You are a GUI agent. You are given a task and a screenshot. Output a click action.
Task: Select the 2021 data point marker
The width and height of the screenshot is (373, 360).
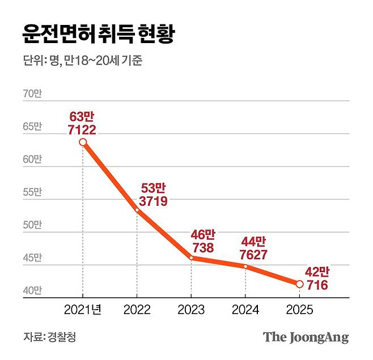(83, 142)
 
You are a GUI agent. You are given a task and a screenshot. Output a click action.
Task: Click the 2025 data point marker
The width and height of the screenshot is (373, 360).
(299, 284)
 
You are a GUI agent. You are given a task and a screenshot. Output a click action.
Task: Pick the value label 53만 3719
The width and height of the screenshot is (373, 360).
(152, 194)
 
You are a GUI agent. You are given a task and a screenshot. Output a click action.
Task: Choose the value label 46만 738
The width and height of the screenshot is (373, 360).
(203, 241)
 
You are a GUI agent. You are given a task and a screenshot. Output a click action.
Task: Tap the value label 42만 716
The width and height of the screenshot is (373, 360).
(315, 278)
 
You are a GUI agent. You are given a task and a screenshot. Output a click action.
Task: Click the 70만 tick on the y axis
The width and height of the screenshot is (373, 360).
(32, 95)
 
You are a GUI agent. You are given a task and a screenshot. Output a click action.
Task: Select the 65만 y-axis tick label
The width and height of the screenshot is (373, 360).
(32, 127)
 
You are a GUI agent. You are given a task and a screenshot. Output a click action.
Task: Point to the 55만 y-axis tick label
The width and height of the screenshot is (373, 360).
(32, 193)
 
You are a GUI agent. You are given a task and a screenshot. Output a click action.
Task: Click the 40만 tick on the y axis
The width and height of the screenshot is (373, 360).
(32, 291)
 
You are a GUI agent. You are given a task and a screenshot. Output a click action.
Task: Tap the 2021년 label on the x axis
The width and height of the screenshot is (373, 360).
(83, 310)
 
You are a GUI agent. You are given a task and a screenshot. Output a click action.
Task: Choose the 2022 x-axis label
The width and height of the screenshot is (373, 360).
(137, 310)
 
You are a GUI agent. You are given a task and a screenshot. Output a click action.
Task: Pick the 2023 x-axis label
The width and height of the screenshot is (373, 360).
(191, 310)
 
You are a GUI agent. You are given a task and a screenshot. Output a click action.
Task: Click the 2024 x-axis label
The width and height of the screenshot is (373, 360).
(245, 310)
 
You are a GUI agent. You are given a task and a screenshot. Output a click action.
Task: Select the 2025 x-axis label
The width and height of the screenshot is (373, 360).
(299, 310)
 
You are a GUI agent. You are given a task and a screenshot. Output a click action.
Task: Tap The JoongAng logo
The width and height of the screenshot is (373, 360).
(306, 337)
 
